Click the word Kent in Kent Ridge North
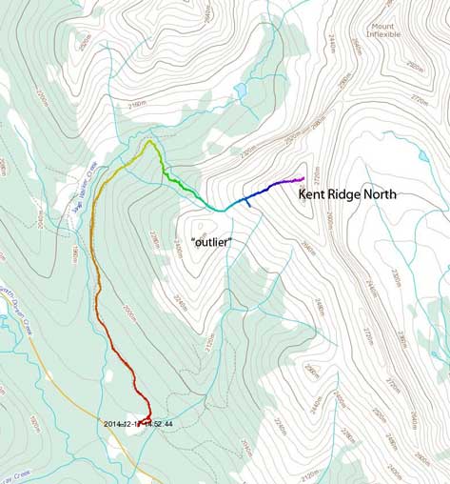315,194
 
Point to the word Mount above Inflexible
382,23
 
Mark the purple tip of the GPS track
302,178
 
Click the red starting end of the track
149,416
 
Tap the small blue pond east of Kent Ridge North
421,154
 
